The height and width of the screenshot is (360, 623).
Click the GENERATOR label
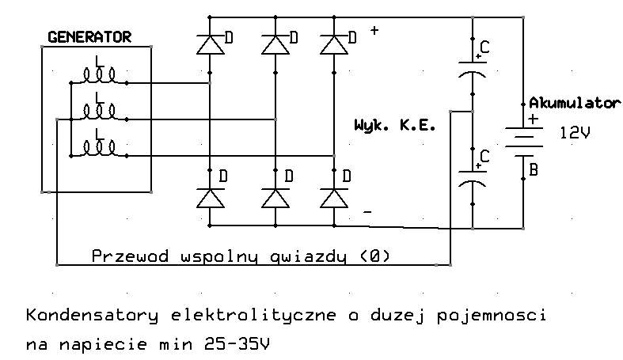[89, 37]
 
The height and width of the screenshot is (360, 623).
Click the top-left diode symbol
[210, 44]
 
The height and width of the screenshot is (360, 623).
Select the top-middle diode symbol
[275, 44]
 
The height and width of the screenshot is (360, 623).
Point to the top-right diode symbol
[334, 44]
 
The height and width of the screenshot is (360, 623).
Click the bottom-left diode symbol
[210, 198]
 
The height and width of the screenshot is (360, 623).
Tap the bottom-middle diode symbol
[275, 198]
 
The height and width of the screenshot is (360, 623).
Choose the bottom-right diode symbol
[334, 198]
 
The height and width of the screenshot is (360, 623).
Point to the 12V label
[575, 134]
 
